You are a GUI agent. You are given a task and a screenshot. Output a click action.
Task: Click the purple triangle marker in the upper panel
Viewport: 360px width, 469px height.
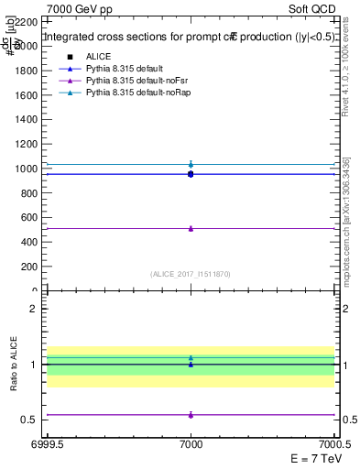(191, 228)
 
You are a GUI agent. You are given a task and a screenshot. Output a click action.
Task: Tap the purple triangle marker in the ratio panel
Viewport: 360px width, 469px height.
(191, 415)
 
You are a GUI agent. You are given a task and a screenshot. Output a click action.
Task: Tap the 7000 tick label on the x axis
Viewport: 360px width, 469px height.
(191, 444)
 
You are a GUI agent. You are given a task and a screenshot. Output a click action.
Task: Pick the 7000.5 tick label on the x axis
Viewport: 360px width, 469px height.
(334, 444)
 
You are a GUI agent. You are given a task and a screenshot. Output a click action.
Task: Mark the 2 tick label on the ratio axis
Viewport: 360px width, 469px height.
(36, 310)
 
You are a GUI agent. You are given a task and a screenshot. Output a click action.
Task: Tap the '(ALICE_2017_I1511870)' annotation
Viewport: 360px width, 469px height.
(191, 273)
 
